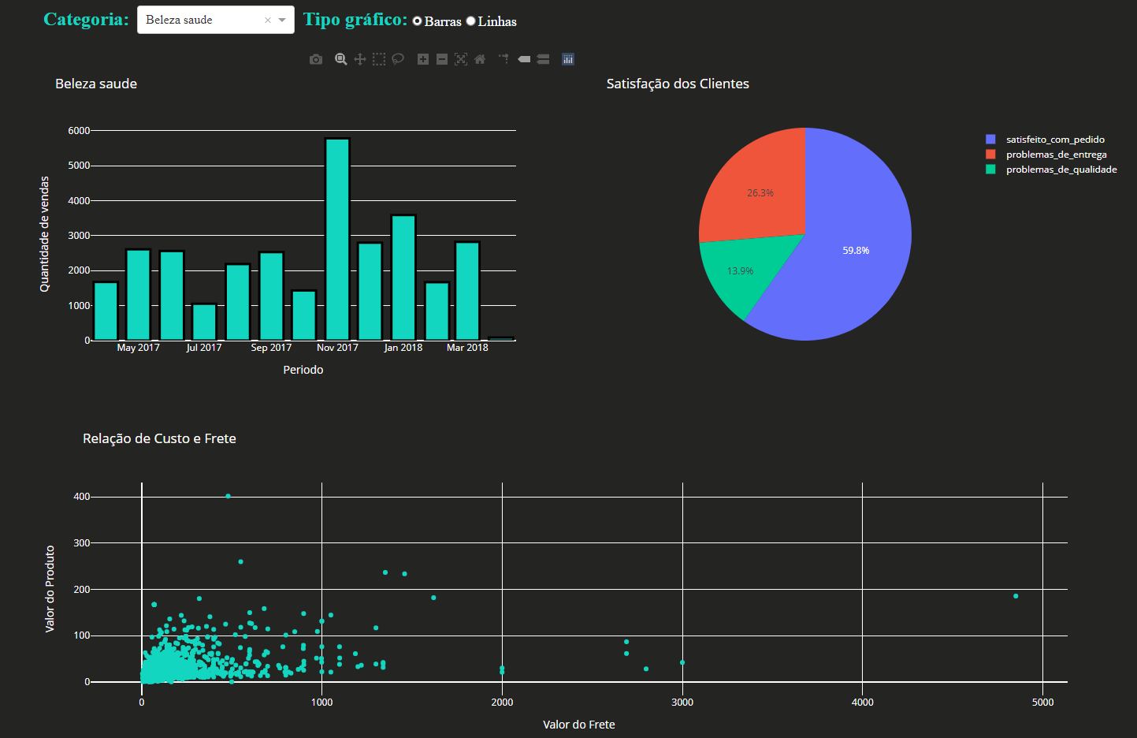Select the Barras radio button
(418, 21)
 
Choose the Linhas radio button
(471, 21)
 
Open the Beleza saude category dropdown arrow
(282, 20)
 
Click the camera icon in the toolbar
(316, 59)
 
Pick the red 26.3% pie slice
(756, 189)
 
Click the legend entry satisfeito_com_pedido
(1055, 140)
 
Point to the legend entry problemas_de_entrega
(1056, 155)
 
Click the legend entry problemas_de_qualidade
(1061, 170)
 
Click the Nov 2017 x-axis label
(337, 348)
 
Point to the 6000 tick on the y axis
(79, 131)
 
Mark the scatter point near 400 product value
(229, 496)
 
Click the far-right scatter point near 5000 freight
(1016, 596)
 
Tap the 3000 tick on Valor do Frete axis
(682, 703)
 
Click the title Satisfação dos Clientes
(678, 84)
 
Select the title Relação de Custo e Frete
(159, 439)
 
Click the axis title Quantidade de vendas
(45, 234)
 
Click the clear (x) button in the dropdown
(268, 20)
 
